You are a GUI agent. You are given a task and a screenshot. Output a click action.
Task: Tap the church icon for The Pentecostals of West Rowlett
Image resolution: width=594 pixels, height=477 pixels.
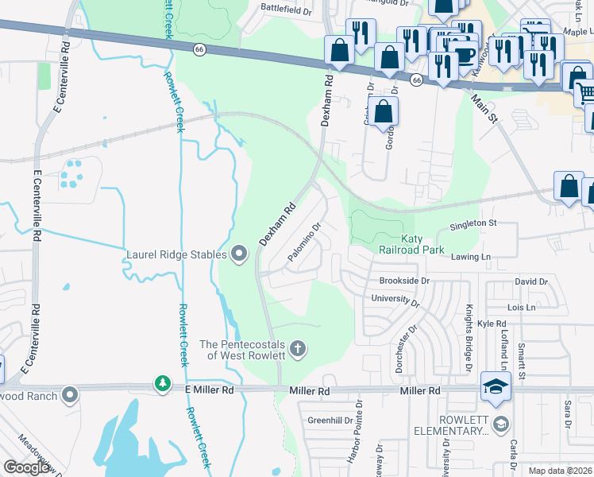click(298, 348)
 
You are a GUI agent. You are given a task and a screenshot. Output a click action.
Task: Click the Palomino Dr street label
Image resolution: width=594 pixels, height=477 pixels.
click(304, 242)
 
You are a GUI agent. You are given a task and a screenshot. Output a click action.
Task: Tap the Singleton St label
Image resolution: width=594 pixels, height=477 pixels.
click(472, 224)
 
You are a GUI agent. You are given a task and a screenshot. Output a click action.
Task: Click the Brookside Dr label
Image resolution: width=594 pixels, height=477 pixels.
click(404, 281)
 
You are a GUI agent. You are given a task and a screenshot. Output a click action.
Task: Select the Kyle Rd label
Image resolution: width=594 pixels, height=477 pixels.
click(491, 324)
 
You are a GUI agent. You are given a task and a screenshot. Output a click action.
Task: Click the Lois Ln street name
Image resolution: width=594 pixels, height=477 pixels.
click(522, 306)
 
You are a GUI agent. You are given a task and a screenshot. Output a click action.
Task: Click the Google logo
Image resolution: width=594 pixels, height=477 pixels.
click(27, 467)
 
